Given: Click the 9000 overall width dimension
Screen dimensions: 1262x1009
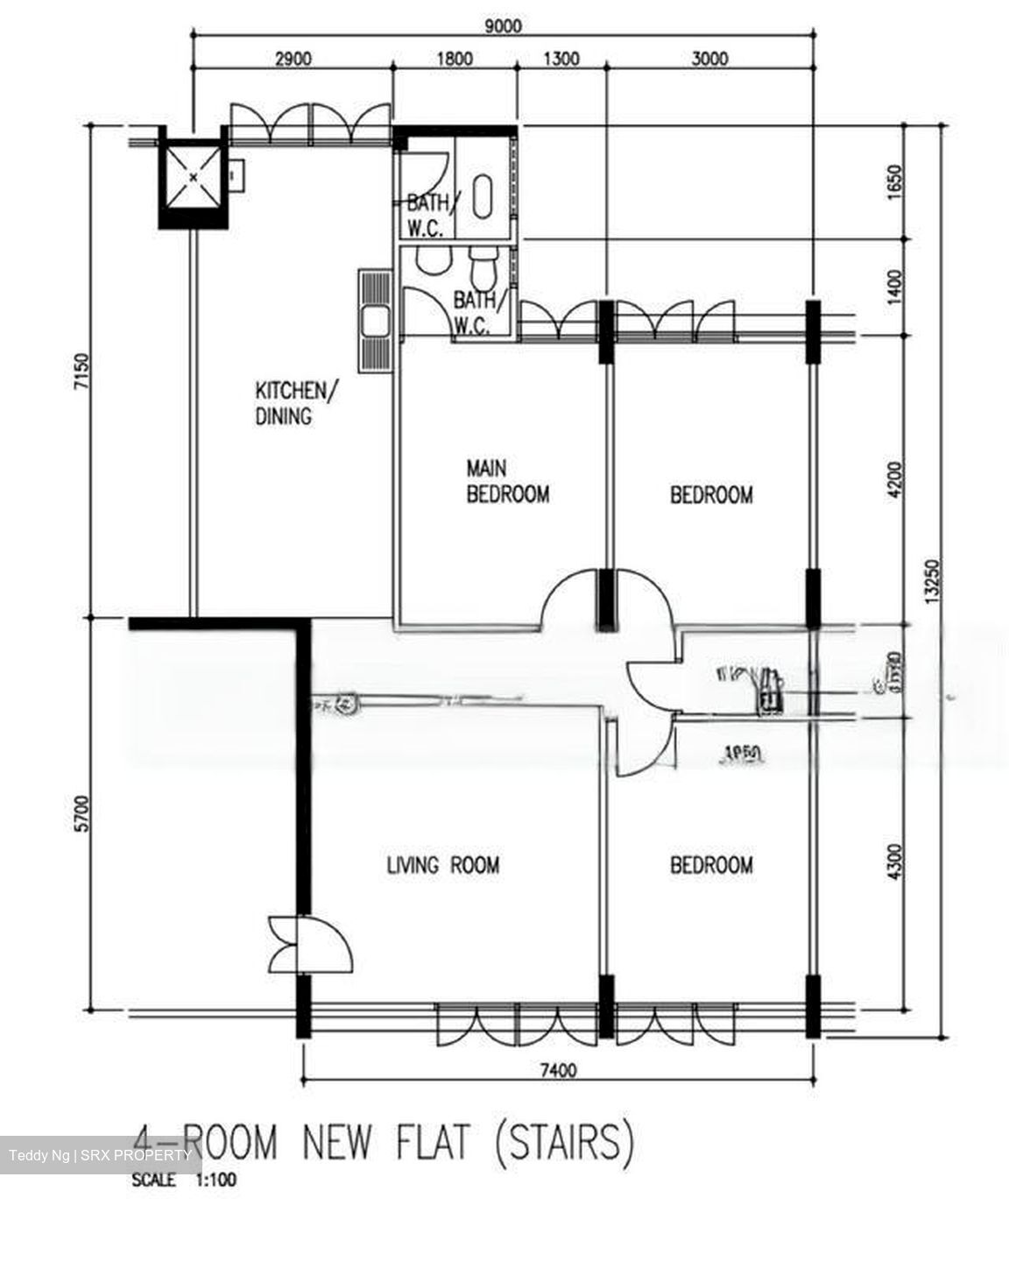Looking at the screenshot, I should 503,25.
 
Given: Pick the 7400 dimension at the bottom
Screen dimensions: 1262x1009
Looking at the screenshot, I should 558,1069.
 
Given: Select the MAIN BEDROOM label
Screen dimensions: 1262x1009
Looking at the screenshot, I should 507,482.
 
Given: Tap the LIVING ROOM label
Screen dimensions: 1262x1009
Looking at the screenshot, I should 443,866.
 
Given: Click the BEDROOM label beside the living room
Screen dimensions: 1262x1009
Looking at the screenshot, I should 710,866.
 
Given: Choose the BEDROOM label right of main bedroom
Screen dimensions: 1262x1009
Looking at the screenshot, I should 710,495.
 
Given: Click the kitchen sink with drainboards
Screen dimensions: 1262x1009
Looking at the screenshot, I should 375,321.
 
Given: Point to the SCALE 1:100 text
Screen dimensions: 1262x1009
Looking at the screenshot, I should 184,1180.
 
